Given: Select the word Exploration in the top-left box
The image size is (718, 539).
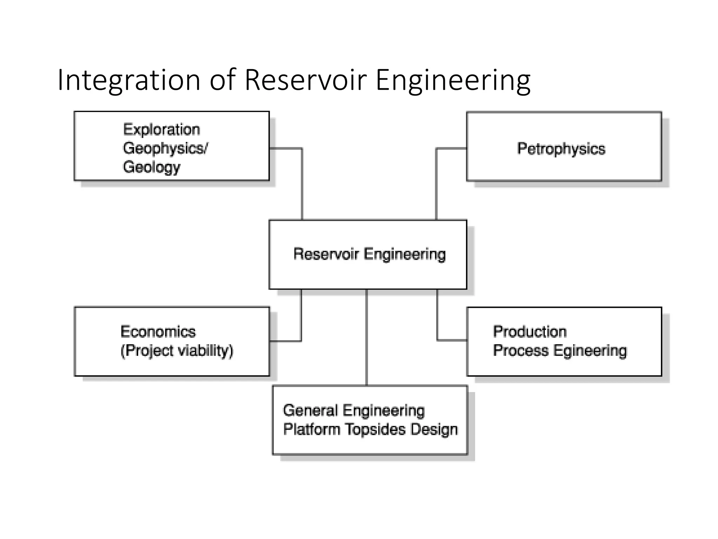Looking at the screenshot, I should click(162, 129).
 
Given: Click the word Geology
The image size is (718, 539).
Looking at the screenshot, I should click(151, 167).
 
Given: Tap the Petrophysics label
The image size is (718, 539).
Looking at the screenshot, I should click(561, 148).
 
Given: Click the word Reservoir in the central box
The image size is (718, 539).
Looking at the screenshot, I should click(326, 254).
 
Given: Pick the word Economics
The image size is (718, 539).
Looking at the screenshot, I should click(158, 332).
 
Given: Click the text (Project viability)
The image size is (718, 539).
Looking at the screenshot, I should click(177, 351).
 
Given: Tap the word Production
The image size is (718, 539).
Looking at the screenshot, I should click(530, 332).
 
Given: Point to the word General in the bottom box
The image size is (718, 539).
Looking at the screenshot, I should click(310, 410).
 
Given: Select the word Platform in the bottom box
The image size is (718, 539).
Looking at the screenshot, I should click(312, 429).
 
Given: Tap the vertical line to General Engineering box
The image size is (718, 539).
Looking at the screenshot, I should click(367, 337).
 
